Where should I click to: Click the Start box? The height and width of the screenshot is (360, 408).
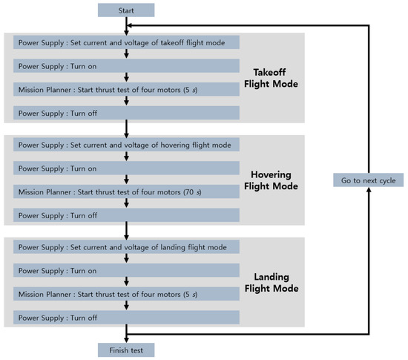pos(126,10)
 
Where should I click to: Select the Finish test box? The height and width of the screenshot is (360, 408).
pos(126,350)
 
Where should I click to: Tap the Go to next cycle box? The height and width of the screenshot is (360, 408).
pos(369,180)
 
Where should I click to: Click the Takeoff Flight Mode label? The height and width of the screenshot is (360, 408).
pos(271,78)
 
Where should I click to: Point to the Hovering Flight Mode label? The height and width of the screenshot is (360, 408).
pos(271,180)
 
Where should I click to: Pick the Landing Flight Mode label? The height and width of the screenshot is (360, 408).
pos(272,282)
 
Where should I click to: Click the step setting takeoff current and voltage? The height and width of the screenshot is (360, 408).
pos(126,42)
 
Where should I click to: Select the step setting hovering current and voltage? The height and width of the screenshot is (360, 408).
pos(126,145)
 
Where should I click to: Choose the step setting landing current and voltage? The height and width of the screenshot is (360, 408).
pos(126,247)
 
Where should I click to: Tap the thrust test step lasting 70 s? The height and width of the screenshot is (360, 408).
pos(126,192)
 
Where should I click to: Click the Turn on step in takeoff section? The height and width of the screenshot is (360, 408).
pos(126,66)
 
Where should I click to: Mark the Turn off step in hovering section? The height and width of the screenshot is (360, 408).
pos(126,215)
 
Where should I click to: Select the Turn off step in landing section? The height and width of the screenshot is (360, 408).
pos(126,317)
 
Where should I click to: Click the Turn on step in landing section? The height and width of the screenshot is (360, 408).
pos(126,270)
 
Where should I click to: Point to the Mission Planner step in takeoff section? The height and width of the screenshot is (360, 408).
pos(126,90)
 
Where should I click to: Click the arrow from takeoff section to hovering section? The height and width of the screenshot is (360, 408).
pos(126,129)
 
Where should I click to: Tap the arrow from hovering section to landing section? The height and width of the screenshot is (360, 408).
pos(126,231)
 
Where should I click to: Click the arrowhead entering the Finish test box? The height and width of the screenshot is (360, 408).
pos(126,340)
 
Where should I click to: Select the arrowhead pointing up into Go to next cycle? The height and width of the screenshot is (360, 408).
pos(369,190)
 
